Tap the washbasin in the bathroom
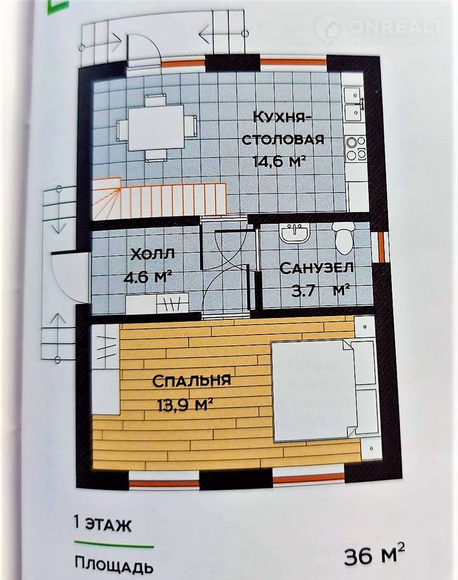pos(294,233)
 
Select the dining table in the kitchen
pos(156,127)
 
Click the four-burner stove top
pos(355,149)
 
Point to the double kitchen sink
pos(354,105)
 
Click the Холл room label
pos(153,255)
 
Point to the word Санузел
pos(317,268)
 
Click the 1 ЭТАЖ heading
pos(103,524)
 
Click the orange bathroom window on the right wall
pos(382,247)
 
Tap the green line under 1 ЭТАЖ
pos(114,544)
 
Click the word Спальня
pos(192,381)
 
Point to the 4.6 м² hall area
pos(148,277)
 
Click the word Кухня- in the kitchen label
pos(280,117)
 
